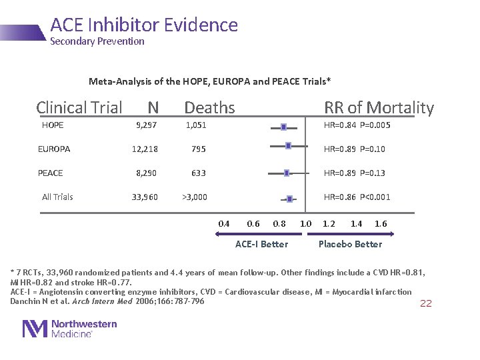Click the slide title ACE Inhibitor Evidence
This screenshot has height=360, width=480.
[x=144, y=25]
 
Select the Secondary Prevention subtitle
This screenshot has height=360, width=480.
[x=97, y=41]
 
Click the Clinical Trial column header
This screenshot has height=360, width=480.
[x=79, y=107]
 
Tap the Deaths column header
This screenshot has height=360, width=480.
[x=209, y=107]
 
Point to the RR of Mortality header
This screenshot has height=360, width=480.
[x=379, y=107]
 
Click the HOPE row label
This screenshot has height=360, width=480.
[x=53, y=125]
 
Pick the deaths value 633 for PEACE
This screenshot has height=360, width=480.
[x=198, y=173]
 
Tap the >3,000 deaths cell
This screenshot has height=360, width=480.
[x=195, y=197]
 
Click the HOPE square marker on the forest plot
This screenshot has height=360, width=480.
[x=283, y=126]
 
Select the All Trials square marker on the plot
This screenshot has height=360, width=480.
[x=289, y=199]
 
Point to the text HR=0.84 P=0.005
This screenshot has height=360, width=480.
[x=357, y=125]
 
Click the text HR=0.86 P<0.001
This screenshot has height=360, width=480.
[x=357, y=197]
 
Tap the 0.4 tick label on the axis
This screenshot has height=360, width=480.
[x=224, y=223]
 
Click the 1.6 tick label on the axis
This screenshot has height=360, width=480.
[x=381, y=223]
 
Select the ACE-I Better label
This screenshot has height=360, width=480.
[x=262, y=244]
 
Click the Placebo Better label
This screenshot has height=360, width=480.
[x=350, y=244]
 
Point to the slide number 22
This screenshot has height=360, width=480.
[x=425, y=303]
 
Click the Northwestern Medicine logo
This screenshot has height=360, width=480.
[x=70, y=328]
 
